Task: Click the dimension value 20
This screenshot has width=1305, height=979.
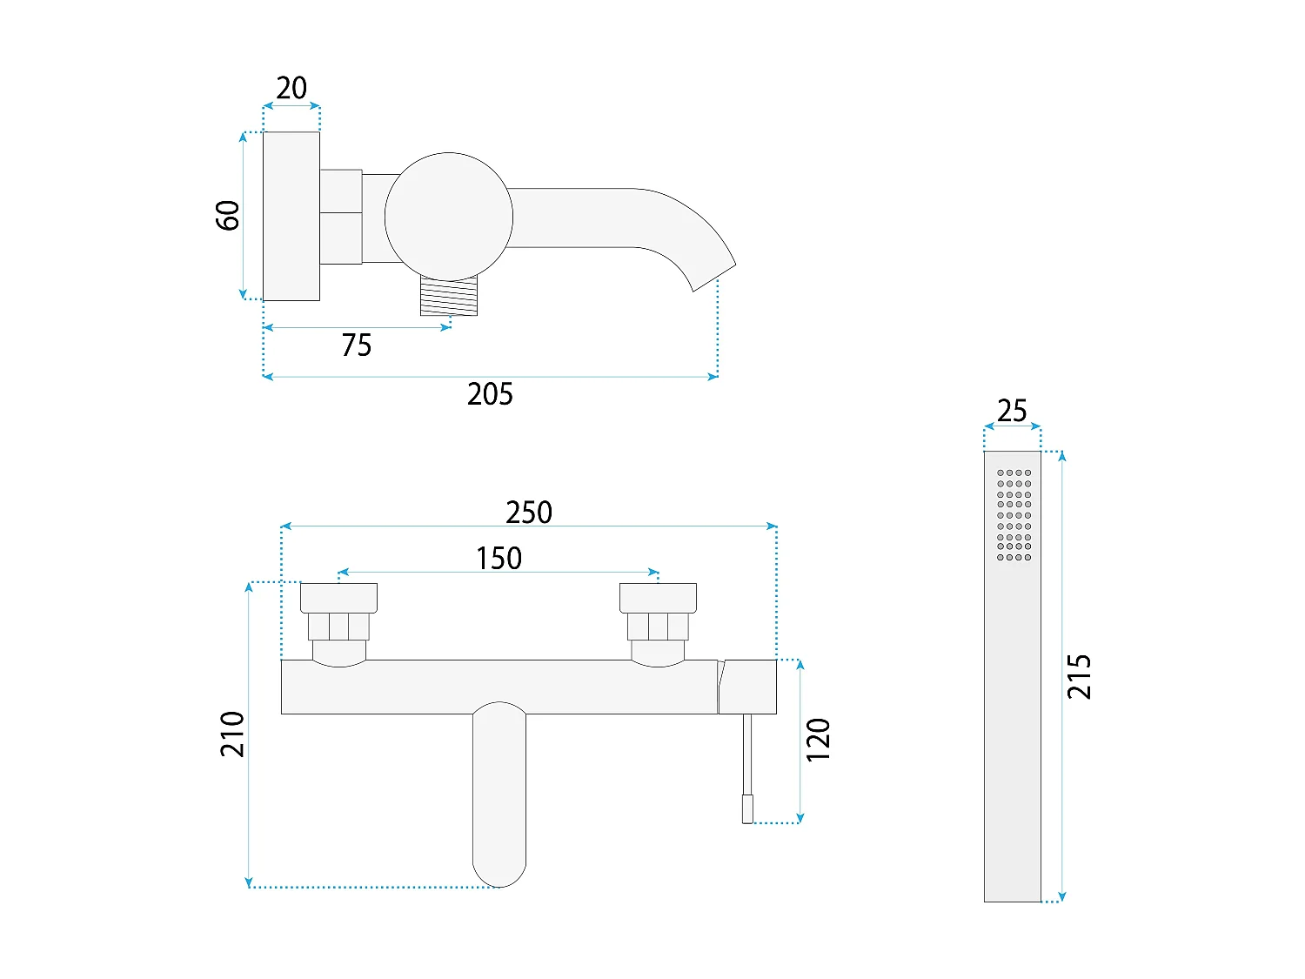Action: [x=291, y=88]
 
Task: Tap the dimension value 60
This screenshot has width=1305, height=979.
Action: [x=228, y=215]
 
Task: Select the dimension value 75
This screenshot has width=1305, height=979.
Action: [x=356, y=345]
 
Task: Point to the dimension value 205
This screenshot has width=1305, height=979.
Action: [x=490, y=393]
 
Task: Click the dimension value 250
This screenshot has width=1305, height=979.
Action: [x=529, y=512]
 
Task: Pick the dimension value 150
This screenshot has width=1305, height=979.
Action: [x=499, y=558]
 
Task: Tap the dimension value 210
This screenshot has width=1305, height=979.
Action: [x=232, y=734]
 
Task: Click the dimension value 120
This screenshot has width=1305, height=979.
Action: [x=818, y=740]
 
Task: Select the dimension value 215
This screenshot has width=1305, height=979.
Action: [x=1079, y=676]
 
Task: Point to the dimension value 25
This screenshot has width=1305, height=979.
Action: [x=1012, y=410]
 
